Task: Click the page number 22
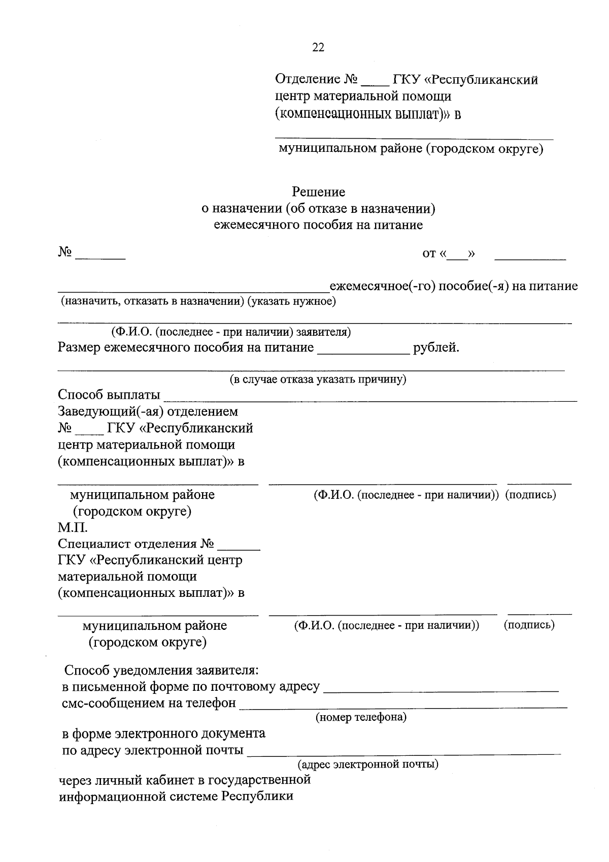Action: (x=318, y=48)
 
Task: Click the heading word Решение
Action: (x=318, y=192)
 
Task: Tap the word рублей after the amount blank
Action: (x=436, y=348)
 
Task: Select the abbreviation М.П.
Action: (x=69, y=528)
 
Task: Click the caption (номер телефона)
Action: (x=361, y=717)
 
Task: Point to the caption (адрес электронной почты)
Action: (x=368, y=764)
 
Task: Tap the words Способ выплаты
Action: (x=109, y=395)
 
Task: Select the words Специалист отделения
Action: (x=128, y=544)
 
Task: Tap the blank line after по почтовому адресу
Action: (x=441, y=690)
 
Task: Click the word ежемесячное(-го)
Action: (x=382, y=286)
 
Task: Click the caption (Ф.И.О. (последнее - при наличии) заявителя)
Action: (x=231, y=332)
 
